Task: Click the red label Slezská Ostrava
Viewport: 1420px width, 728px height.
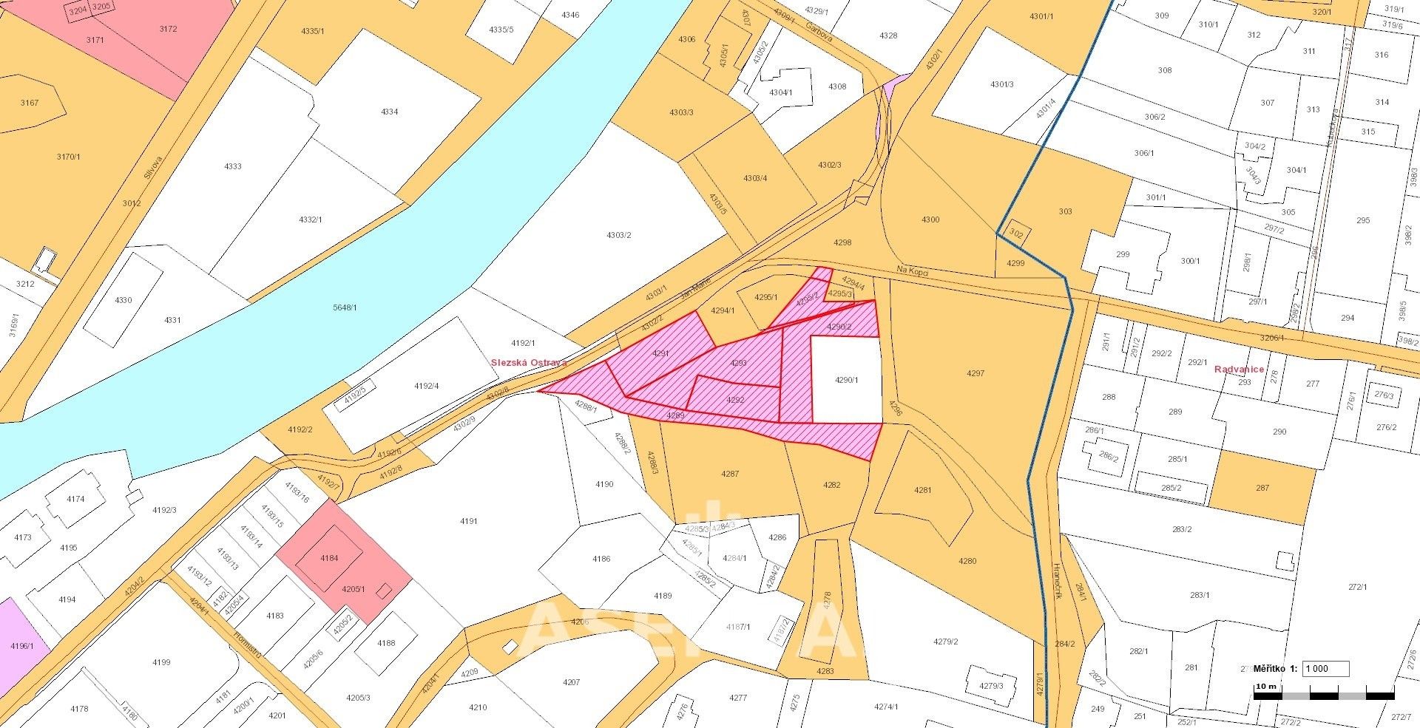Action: coord(529,363)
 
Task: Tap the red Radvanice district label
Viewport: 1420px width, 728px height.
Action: coord(1239,369)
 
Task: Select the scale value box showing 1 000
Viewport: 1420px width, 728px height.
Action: coord(1325,669)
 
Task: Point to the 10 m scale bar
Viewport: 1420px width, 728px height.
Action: coord(1324,695)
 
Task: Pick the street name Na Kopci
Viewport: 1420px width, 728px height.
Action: coord(911,271)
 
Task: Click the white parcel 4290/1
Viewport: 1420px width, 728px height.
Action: coord(846,380)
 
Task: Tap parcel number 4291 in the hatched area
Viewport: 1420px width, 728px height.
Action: coord(660,353)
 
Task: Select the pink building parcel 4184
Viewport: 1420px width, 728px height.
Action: coord(329,558)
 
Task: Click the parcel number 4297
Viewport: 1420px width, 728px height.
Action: coord(976,373)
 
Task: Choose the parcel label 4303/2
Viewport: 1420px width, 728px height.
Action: coord(618,235)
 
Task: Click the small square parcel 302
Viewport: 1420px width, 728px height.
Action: coord(1016,234)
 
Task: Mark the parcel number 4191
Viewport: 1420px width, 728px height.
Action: coord(468,521)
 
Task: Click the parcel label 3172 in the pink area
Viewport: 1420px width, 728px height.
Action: coord(168,29)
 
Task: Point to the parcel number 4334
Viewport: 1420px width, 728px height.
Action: coord(389,112)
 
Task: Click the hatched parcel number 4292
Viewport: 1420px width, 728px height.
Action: coord(734,399)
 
